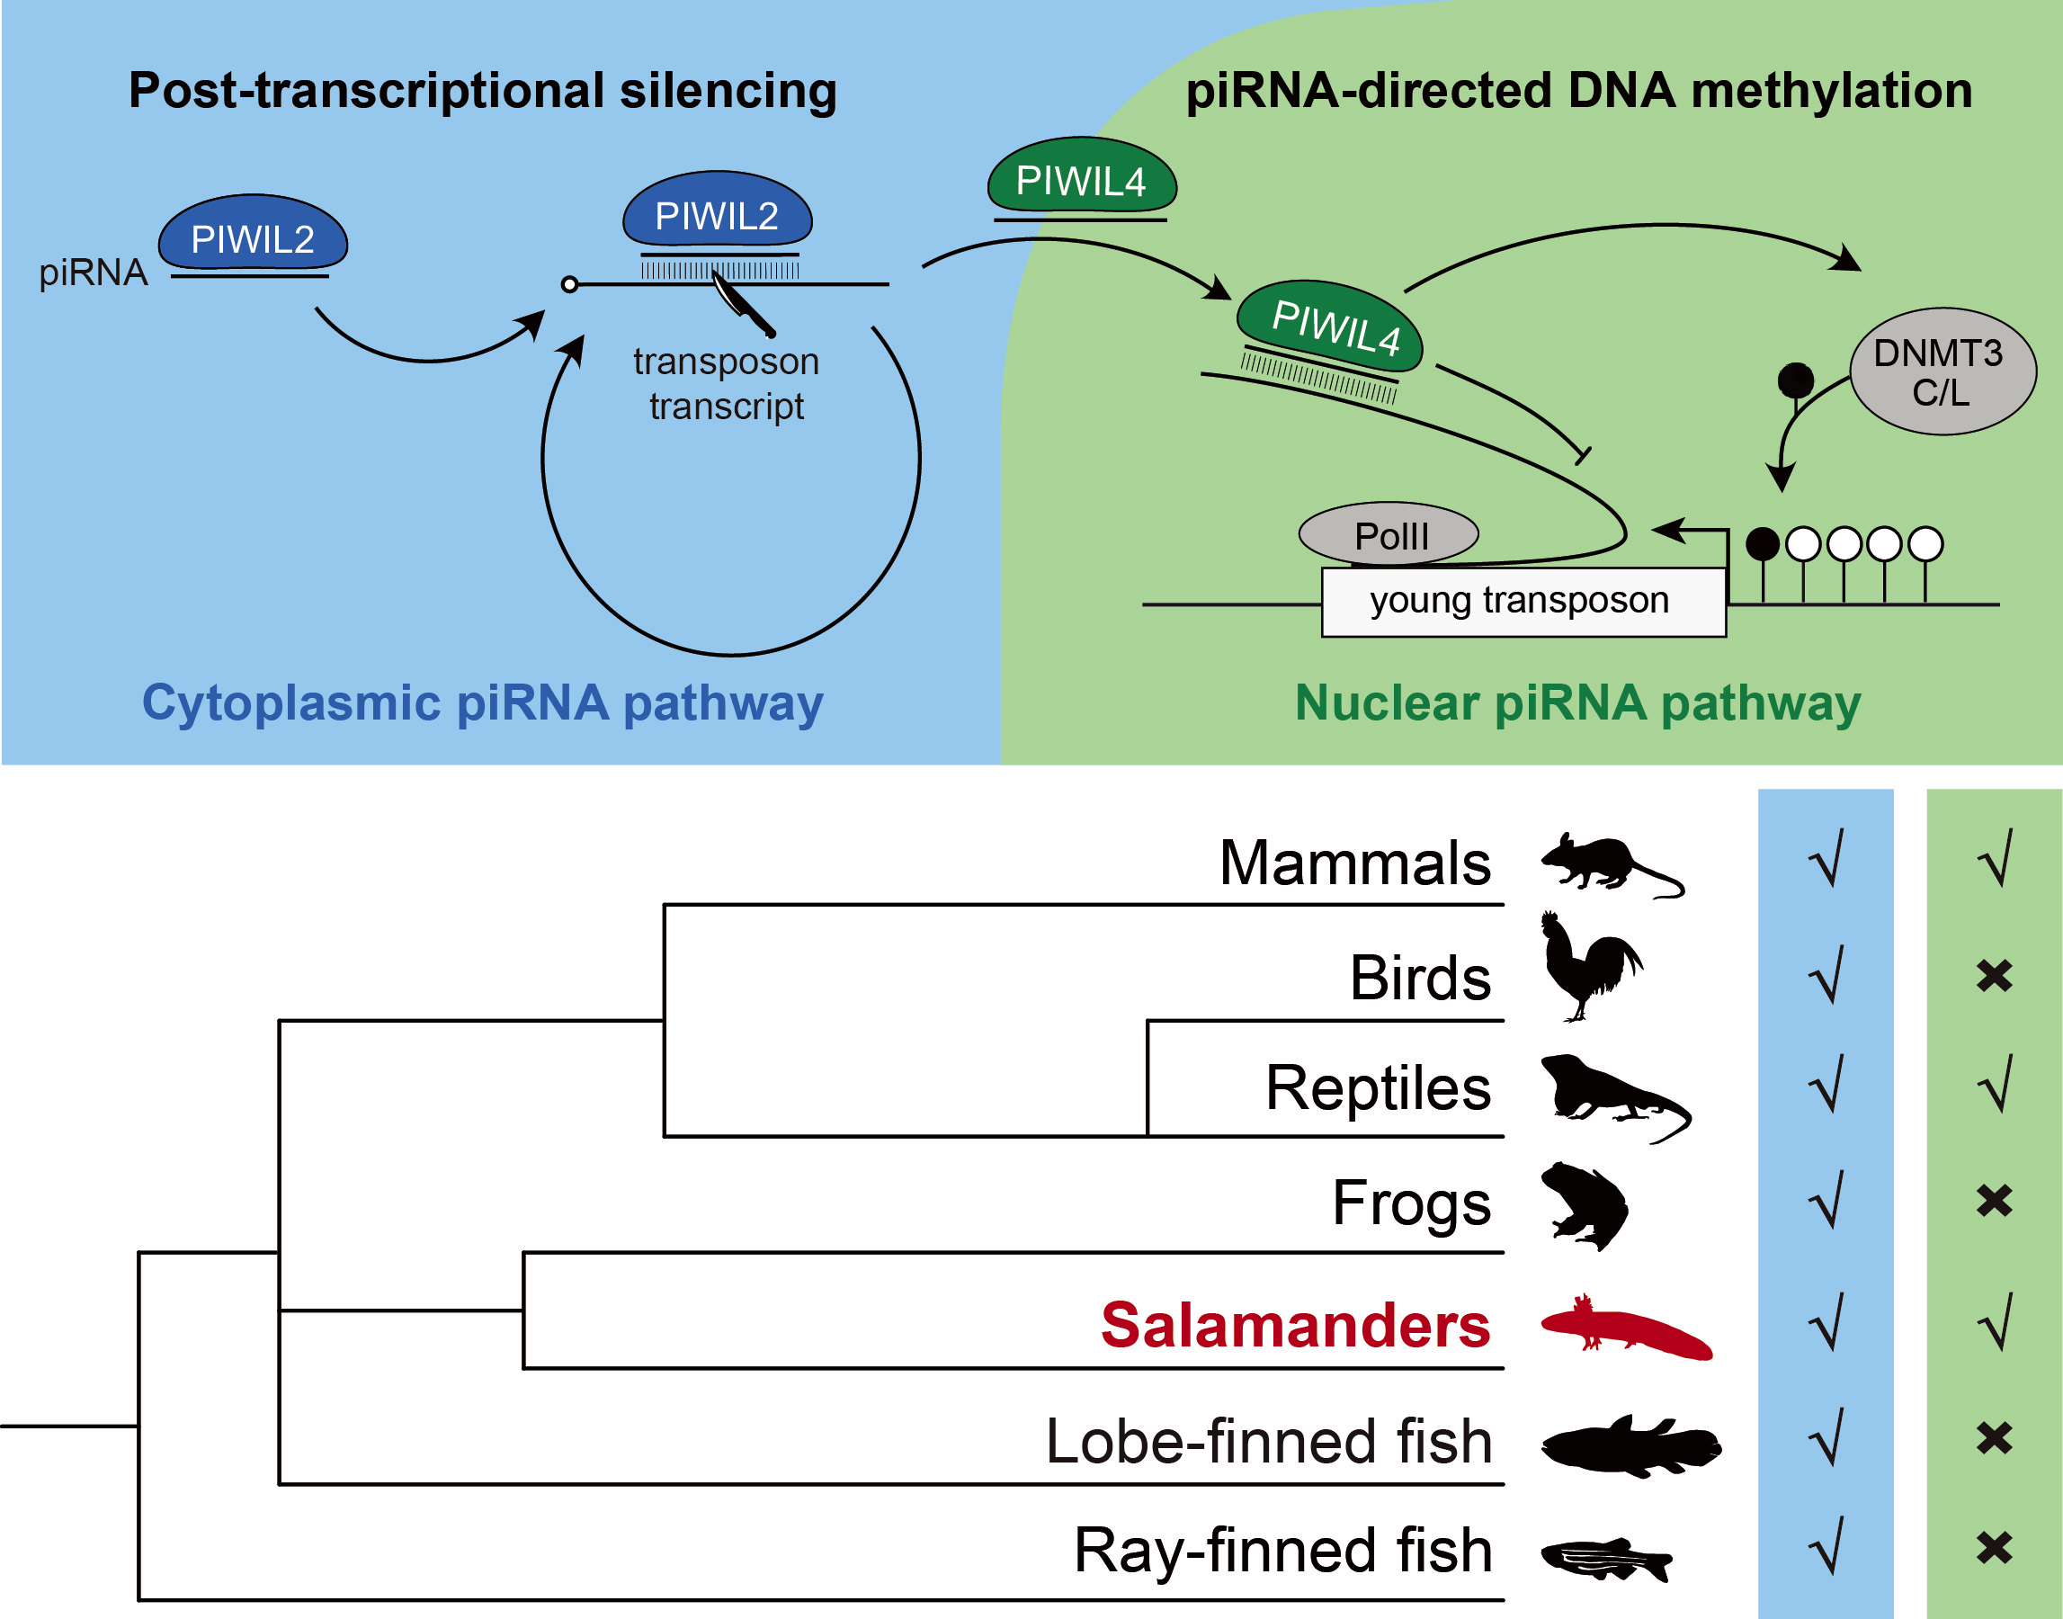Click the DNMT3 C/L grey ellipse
point(1942,371)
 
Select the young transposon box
point(1523,602)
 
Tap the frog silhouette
point(1585,1204)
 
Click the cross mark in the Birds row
point(1994,976)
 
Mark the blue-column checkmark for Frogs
point(1826,1201)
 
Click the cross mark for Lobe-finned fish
point(1994,1439)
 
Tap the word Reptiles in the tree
point(1378,1088)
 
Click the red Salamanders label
point(1295,1325)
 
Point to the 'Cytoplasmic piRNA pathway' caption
point(482,704)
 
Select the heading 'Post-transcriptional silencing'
point(482,91)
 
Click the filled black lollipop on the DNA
point(1762,544)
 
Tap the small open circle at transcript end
point(569,284)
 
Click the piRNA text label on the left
point(93,273)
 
